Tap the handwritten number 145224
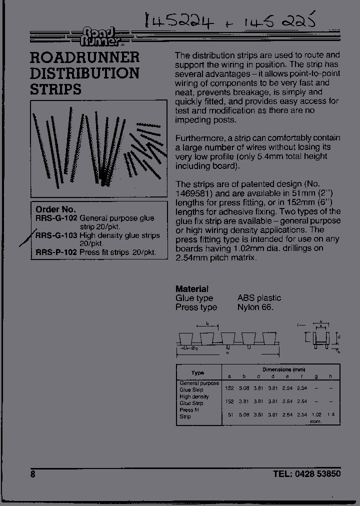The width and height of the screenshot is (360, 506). pyautogui.click(x=179, y=21)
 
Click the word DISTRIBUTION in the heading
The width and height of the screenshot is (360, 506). pyautogui.click(x=84, y=73)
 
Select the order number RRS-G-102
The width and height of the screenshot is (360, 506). pyautogui.click(x=56, y=218)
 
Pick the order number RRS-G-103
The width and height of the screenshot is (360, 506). pyautogui.click(x=56, y=235)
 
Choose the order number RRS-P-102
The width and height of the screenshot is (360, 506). pyautogui.click(x=56, y=252)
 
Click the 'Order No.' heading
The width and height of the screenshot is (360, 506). pyautogui.click(x=55, y=209)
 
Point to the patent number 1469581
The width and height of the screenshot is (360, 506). pyautogui.click(x=194, y=193)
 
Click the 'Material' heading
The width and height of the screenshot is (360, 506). pyautogui.click(x=191, y=289)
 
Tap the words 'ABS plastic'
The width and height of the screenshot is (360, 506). pyautogui.click(x=259, y=298)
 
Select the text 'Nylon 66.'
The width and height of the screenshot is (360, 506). pyautogui.click(x=255, y=307)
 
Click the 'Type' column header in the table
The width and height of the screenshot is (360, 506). pyautogui.click(x=198, y=373)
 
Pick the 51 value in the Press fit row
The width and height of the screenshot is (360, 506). pyautogui.click(x=230, y=414)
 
